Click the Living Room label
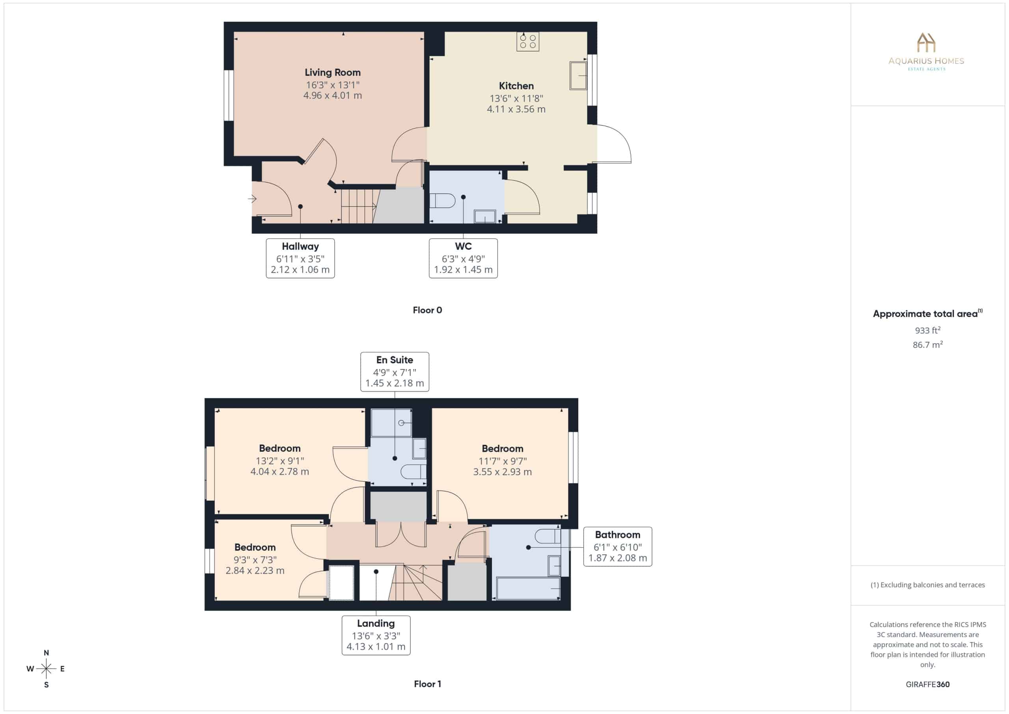click(x=332, y=73)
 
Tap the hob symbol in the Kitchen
click(x=527, y=41)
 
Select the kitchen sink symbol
click(x=578, y=76)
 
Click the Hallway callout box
click(x=300, y=258)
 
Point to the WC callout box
click(x=463, y=258)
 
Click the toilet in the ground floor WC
click(x=442, y=201)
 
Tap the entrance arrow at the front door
click(x=252, y=199)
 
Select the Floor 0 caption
click(x=427, y=310)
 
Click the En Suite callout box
click(x=395, y=371)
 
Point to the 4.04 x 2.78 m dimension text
click(x=279, y=471)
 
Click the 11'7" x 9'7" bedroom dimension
click(x=502, y=461)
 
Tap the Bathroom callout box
click(x=618, y=546)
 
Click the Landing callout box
click(x=376, y=635)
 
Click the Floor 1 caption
click(x=427, y=684)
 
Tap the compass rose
click(x=46, y=669)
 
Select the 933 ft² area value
click(x=928, y=330)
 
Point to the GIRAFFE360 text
click(x=928, y=684)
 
